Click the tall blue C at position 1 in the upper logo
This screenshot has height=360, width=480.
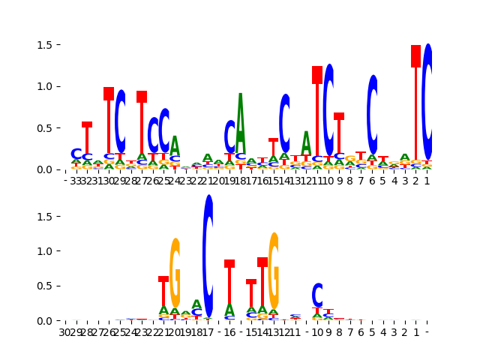(427, 101)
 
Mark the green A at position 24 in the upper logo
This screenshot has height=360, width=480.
(175, 146)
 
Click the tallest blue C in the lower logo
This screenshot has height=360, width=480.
(208, 255)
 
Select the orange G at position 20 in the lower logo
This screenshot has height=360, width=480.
(175, 274)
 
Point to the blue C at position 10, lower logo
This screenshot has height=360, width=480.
(317, 295)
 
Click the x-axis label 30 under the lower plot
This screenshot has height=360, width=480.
(65, 331)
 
